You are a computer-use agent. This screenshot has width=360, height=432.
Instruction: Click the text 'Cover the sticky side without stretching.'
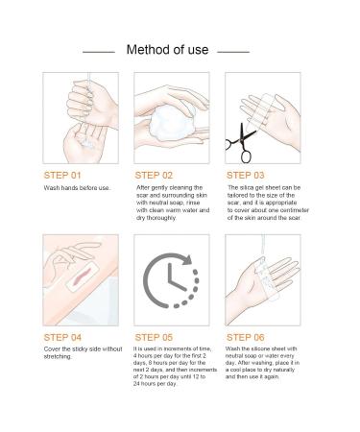[x=84, y=355]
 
